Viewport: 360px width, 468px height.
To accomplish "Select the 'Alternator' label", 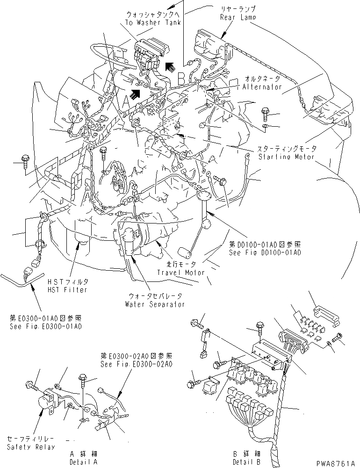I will [x=262, y=87].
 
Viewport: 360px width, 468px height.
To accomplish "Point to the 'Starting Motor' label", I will [x=287, y=157].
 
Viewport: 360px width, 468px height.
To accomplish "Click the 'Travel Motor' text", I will [x=180, y=272].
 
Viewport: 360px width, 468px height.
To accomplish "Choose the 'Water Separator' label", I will [x=155, y=304].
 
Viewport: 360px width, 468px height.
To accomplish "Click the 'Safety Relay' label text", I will [x=31, y=447].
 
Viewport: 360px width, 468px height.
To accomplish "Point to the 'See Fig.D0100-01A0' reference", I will [x=265, y=252].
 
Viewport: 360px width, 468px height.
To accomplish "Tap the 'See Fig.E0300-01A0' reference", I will [x=46, y=325].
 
